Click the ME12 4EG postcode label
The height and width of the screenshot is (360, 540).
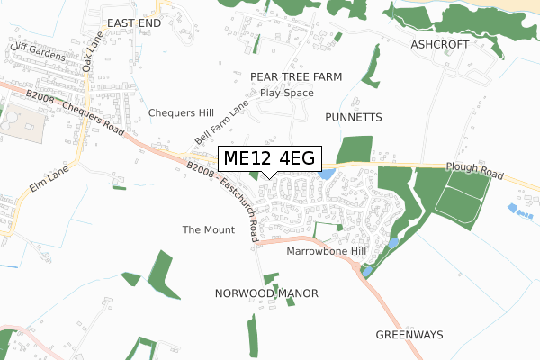[x=268, y=158]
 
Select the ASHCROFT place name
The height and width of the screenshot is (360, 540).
[x=441, y=43]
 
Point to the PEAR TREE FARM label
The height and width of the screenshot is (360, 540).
[x=296, y=77]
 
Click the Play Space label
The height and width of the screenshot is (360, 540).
[x=286, y=93]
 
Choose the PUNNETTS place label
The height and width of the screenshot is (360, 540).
[x=355, y=117]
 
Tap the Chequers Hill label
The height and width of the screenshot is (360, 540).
[x=181, y=113]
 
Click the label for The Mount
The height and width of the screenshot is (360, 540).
[x=208, y=230]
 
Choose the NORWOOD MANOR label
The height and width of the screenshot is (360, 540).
[x=267, y=293]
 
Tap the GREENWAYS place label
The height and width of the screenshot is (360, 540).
[x=409, y=334]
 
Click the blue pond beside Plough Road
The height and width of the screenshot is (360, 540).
[x=327, y=173]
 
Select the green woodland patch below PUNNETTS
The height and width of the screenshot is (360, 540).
[x=354, y=149]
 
